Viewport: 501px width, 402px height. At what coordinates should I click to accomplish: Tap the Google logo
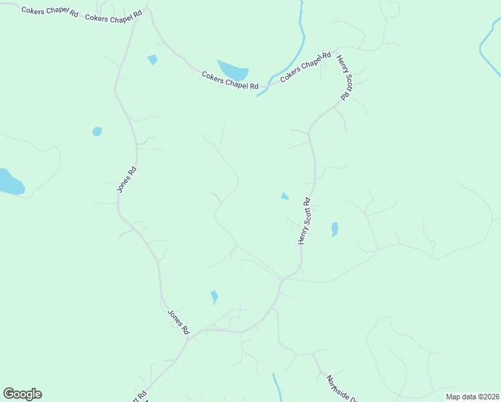[22, 394]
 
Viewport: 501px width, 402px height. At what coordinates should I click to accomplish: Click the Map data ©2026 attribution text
[472, 397]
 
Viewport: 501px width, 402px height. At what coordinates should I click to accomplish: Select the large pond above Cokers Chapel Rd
[233, 70]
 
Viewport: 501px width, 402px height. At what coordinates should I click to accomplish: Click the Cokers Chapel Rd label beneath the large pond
[230, 80]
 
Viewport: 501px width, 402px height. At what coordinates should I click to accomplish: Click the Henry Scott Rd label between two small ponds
[304, 220]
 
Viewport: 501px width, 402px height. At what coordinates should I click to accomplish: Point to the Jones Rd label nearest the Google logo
[178, 322]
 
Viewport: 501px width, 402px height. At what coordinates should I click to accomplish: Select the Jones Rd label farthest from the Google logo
[127, 180]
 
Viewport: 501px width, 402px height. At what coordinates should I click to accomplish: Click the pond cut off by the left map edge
[9, 182]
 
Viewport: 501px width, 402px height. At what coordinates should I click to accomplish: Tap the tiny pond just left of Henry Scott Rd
[285, 196]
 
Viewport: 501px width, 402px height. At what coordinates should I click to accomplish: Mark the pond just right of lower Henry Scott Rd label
[334, 229]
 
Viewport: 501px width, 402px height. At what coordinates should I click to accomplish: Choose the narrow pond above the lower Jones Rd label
[214, 296]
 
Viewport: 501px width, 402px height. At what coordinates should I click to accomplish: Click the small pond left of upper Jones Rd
[97, 131]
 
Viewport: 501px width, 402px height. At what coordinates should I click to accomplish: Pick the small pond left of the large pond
[153, 60]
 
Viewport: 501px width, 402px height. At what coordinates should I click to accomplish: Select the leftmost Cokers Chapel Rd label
[50, 12]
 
